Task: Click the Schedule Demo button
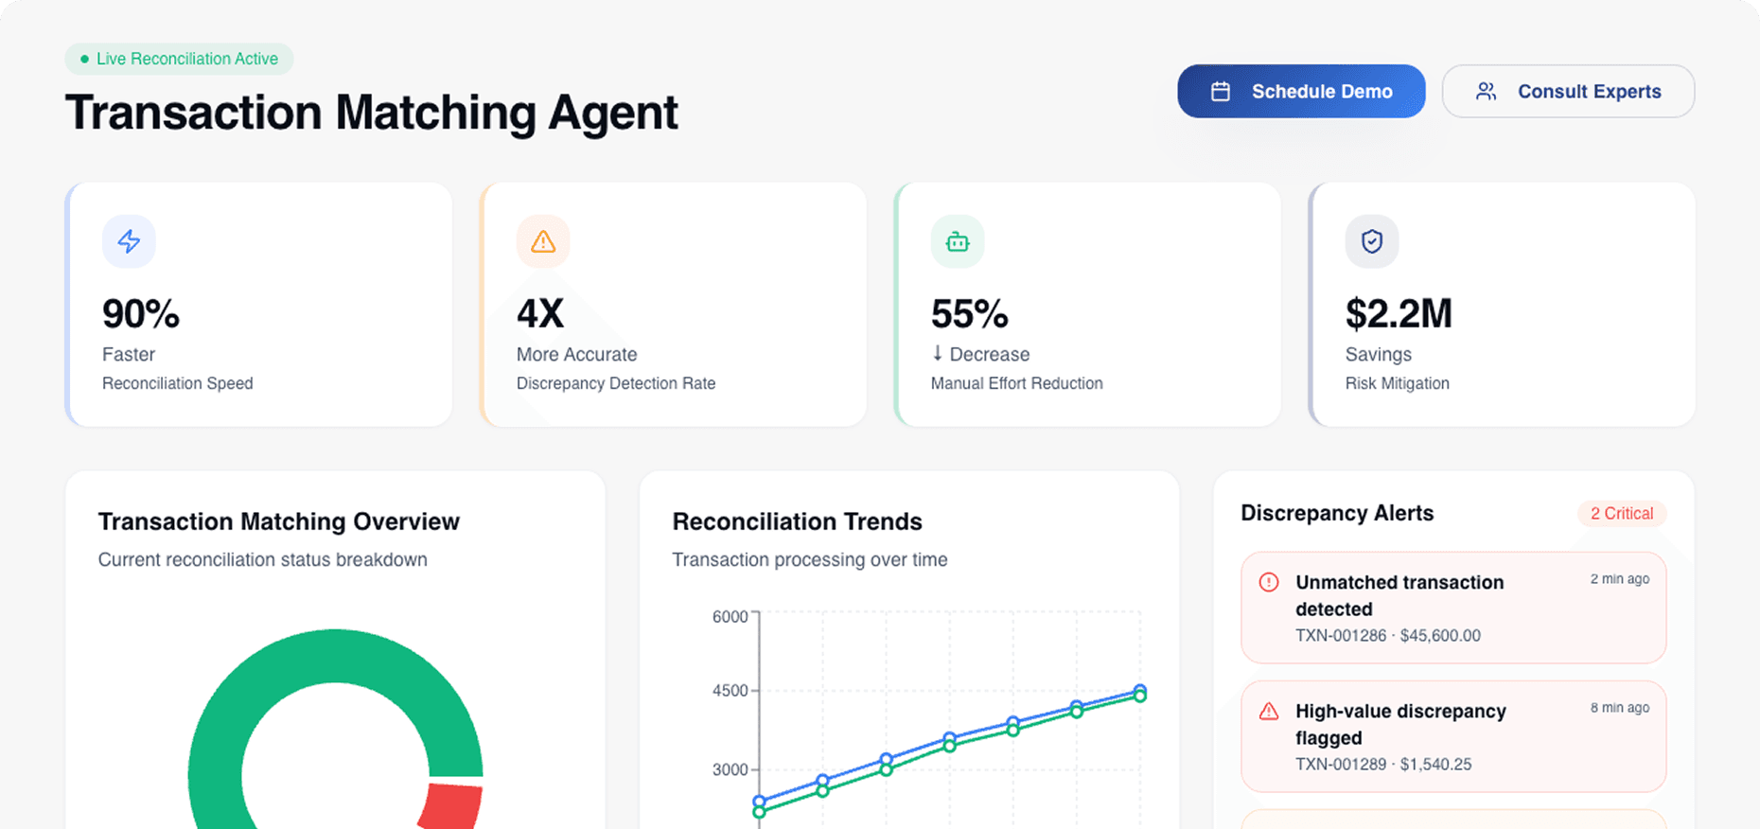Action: (x=1301, y=92)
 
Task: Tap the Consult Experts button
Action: (x=1568, y=92)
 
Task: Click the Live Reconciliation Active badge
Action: (x=179, y=59)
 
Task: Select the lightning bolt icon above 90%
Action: (x=129, y=241)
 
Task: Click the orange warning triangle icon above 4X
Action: (x=543, y=241)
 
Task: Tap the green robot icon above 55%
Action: (x=958, y=241)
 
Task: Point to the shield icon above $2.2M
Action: (x=1372, y=241)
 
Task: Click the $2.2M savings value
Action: (x=1399, y=314)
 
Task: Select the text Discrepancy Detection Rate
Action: (x=615, y=383)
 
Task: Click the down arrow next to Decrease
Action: (x=938, y=353)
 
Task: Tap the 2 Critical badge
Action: (x=1621, y=514)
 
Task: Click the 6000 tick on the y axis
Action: (x=730, y=617)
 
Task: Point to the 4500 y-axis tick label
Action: (x=730, y=691)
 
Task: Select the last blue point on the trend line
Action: (x=1140, y=691)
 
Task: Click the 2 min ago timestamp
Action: (x=1619, y=579)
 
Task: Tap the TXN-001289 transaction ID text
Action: (x=1340, y=764)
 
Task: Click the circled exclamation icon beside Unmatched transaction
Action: (x=1269, y=582)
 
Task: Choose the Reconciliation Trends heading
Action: (x=797, y=521)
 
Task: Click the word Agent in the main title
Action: (x=613, y=113)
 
